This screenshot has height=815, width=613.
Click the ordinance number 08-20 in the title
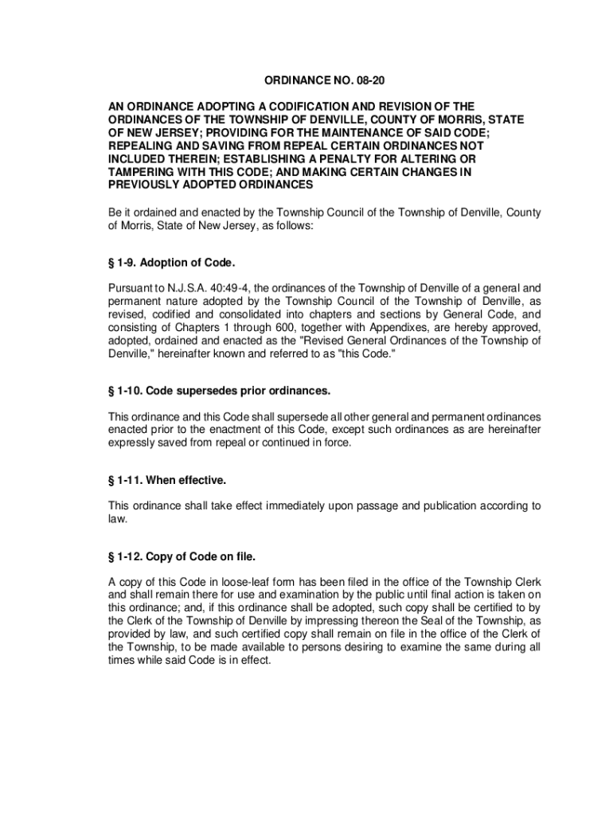[x=378, y=81]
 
